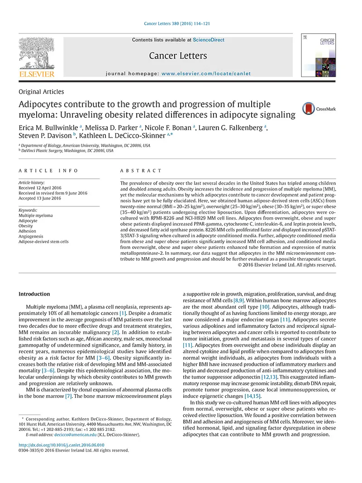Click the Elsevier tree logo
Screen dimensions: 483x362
(36, 53)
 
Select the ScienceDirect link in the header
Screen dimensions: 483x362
(209, 40)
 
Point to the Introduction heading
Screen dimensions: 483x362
(34, 294)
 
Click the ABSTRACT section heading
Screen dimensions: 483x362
(141, 171)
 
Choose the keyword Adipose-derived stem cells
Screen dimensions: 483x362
(43, 242)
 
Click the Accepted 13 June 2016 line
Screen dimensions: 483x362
(39, 198)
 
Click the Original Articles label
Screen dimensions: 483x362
(41, 92)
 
